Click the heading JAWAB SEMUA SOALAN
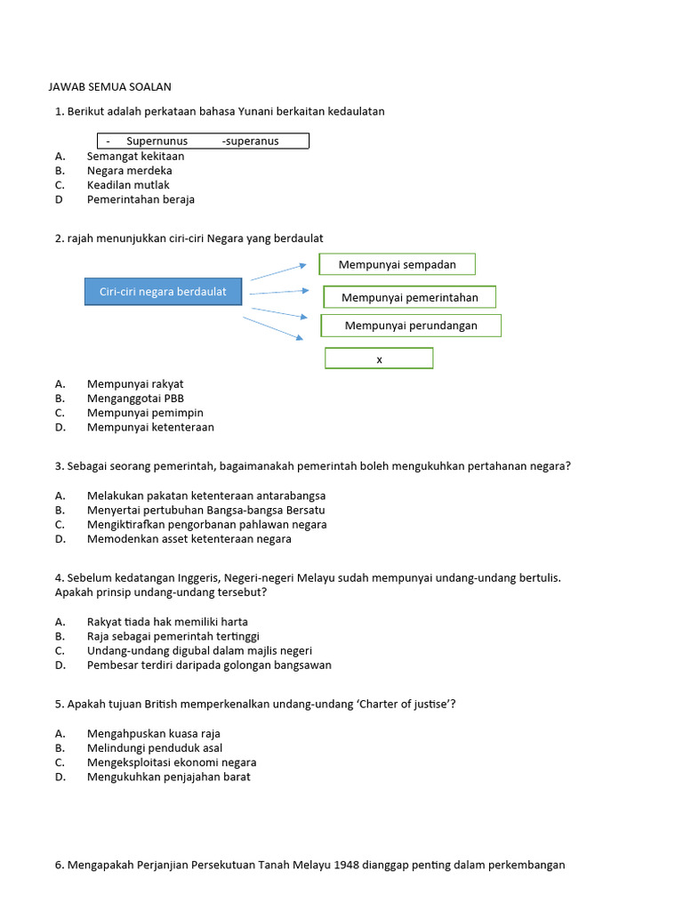[x=108, y=87]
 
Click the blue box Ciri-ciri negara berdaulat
[x=163, y=292]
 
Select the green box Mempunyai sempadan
[x=397, y=264]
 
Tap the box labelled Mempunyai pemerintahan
[x=409, y=297]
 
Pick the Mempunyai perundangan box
[x=411, y=326]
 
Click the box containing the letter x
[x=379, y=359]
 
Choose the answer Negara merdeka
[x=129, y=170]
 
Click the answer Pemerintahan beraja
[x=141, y=199]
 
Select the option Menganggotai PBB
[x=135, y=399]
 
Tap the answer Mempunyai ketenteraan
[x=150, y=427]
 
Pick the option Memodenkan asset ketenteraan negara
[x=189, y=538]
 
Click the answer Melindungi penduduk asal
[x=154, y=748]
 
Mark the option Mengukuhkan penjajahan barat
[x=168, y=777]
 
